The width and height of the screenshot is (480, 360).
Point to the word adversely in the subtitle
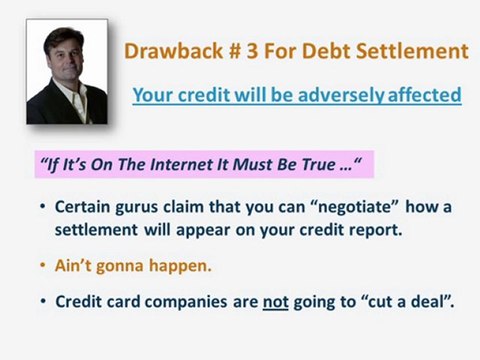pos(330,96)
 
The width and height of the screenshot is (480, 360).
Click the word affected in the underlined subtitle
pos(419,96)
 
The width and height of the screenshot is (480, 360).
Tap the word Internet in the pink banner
pos(201,166)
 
